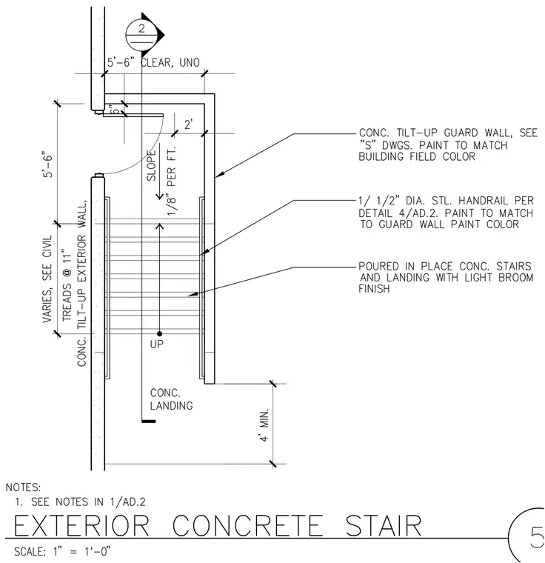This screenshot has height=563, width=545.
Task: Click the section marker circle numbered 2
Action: coord(142,36)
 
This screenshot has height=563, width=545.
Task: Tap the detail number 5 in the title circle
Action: coord(537,537)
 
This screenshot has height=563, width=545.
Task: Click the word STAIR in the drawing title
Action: coord(384,526)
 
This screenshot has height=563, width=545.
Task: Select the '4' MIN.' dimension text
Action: coord(264,424)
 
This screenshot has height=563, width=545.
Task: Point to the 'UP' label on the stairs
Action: coord(157,344)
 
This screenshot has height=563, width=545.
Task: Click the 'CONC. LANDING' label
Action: coord(171,399)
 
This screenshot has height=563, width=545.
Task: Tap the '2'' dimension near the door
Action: coord(188,124)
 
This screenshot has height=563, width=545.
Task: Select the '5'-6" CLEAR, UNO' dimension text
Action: coord(153,62)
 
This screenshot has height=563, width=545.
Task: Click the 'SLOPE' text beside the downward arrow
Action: coord(152,165)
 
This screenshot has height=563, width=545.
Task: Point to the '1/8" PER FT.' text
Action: coord(172,181)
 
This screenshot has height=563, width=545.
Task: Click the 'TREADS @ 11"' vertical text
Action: coord(67,284)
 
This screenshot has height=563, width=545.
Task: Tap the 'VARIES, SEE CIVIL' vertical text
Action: coord(47,279)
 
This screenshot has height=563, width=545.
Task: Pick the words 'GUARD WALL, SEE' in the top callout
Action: coord(491,133)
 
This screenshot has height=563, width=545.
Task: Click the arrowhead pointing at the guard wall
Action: coord(219,175)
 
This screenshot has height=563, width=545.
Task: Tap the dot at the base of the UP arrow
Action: coord(160,334)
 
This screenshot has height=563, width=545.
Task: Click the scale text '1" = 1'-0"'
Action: coord(82,551)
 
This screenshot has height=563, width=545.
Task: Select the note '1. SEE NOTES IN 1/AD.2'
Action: coord(80,502)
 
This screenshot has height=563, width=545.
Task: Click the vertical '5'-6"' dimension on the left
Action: coord(47,164)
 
